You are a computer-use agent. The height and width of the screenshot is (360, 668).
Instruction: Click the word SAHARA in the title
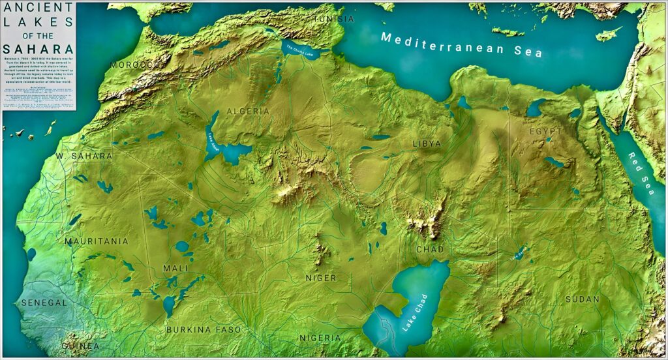pos(38,49)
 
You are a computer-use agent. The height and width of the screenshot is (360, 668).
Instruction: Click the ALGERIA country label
pos(248,112)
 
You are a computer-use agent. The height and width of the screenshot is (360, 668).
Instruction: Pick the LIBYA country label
pos(427,143)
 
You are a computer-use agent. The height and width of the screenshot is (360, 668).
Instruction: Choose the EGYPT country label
pos(545,131)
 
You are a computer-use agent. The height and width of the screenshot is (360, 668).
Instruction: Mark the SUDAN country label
pos(582,299)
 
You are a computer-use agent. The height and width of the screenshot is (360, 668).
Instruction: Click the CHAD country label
pos(430,249)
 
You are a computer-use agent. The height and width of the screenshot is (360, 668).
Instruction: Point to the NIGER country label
pos(322,278)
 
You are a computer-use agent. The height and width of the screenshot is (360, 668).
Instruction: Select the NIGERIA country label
pos(320,338)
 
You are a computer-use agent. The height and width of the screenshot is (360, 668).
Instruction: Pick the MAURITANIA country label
pos(97,241)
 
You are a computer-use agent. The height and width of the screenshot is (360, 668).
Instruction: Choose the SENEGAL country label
pos(44,303)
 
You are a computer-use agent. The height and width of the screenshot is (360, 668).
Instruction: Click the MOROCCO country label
pos(135,65)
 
